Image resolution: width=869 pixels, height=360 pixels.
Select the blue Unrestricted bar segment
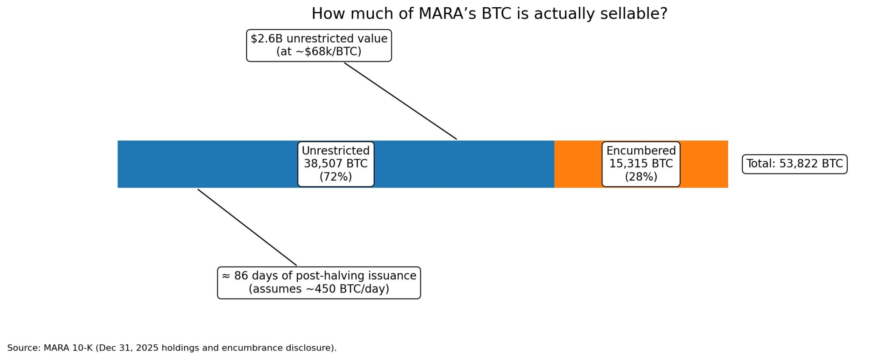pos(212,164)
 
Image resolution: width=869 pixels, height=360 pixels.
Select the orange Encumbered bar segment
pos(704,164)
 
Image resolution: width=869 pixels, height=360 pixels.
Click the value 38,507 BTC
pos(336,164)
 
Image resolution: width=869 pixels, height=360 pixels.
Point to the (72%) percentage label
pos(336,177)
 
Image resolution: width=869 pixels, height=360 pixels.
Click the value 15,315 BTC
pos(641,164)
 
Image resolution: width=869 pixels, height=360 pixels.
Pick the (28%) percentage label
pos(641,177)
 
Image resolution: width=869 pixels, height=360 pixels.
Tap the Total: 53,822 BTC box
pos(794,164)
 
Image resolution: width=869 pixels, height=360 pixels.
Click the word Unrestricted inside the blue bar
pos(336,151)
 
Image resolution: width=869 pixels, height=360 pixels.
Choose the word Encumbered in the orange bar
pos(641,151)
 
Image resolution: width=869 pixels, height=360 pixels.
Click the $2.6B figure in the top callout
pos(266,39)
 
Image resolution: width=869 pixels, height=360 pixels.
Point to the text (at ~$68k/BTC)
pos(319,51)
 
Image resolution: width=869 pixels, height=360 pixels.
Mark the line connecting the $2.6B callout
pos(400,101)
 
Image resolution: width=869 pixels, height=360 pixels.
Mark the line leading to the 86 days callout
pos(247,227)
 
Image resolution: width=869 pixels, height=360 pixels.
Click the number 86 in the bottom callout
pos(241,276)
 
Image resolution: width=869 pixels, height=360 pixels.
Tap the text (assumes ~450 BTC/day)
pos(319,289)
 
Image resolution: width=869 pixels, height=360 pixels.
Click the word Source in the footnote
pos(23,348)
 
